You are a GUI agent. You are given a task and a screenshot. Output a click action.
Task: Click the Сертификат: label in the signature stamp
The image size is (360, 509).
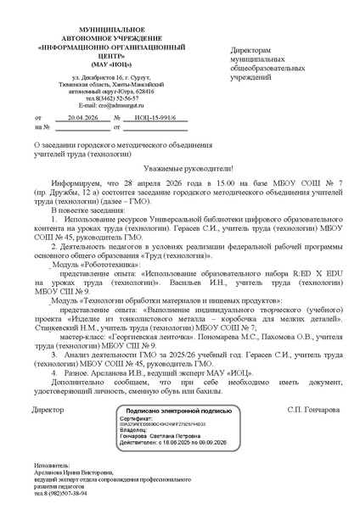pyautogui.click(x=137, y=419)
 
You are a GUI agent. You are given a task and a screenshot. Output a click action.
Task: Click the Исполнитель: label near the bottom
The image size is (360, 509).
pyautogui.click(x=53, y=465)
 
